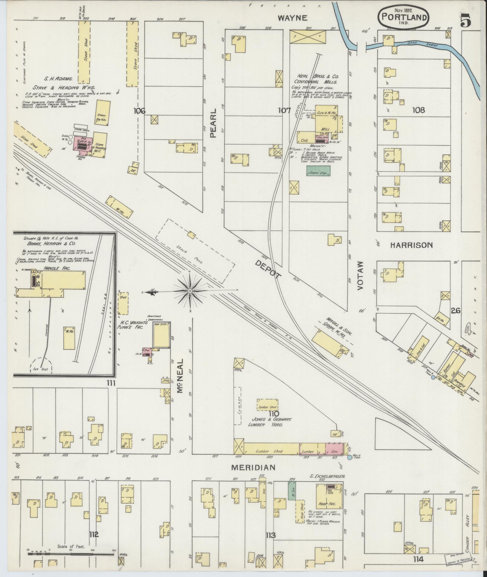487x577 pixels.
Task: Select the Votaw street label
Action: click(360, 275)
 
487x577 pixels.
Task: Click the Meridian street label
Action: click(253, 476)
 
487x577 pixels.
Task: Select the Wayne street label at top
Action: click(293, 18)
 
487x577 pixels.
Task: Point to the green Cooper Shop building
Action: click(318, 171)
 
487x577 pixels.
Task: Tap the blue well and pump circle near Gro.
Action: click(350, 466)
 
